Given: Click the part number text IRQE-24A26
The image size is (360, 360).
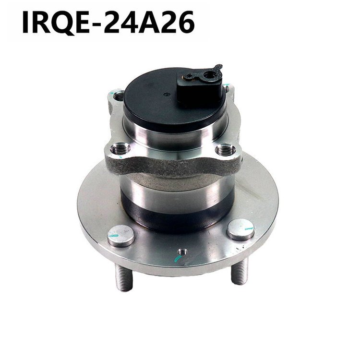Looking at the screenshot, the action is pos(108,23).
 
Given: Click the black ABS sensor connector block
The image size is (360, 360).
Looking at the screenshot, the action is pos(199,84).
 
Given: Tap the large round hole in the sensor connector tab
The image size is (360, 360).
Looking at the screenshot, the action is pos(209,74).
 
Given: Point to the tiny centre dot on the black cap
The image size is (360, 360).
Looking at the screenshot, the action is pos(166,94).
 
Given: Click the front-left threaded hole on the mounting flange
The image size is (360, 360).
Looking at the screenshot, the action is pos(120,150).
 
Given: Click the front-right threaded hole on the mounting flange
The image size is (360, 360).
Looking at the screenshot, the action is pos(226,150).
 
